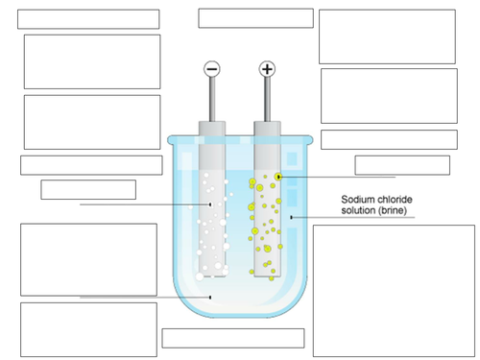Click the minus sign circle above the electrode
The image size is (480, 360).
(212, 69)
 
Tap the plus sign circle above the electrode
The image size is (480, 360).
(267, 69)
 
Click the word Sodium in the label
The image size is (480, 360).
(359, 200)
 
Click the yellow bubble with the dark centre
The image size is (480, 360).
(277, 177)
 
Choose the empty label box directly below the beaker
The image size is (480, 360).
(233, 338)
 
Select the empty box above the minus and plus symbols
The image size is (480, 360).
(256, 18)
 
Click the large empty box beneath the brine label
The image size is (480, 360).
(394, 290)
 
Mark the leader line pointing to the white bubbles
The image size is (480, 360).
(144, 204)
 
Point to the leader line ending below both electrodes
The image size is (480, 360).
(144, 298)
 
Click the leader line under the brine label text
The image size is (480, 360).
(355, 218)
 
